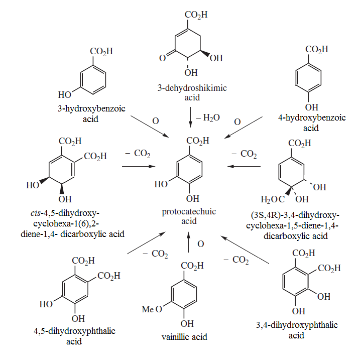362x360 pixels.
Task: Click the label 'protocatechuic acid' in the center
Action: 189,216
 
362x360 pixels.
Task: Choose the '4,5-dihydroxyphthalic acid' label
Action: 74,336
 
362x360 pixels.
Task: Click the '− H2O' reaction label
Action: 208,118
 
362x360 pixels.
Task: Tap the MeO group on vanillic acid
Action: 152,309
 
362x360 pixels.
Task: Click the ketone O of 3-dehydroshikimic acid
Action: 163,58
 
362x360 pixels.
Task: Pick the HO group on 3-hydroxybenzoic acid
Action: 65,94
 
